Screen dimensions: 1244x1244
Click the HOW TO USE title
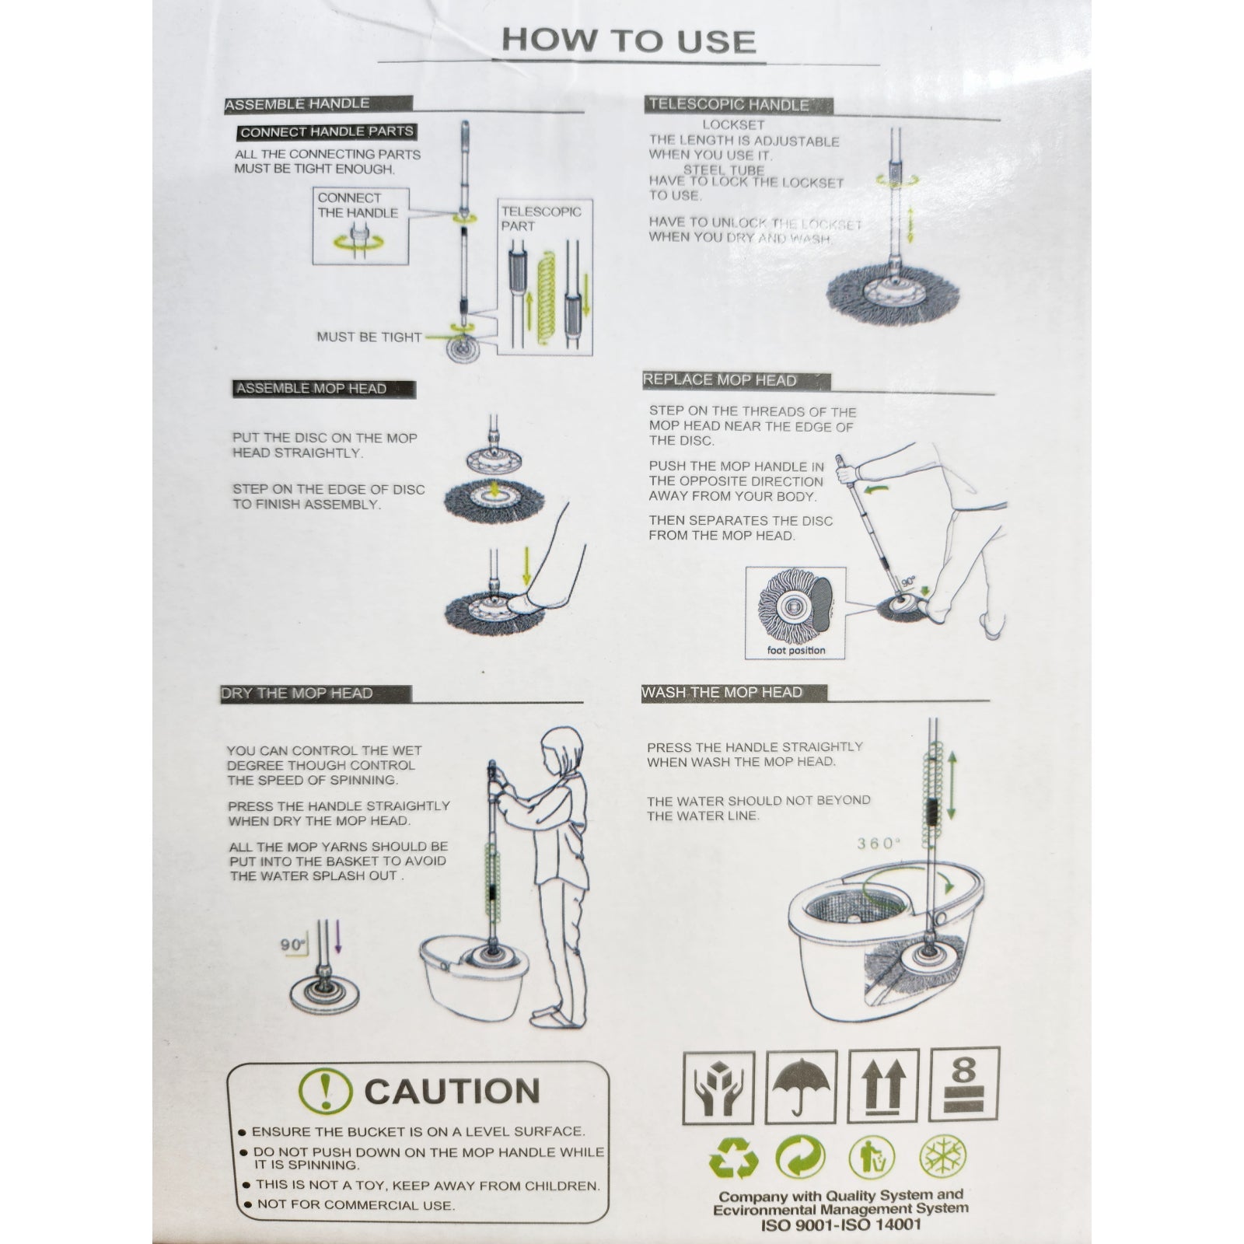(x=628, y=40)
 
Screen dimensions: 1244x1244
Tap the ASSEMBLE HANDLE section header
(x=297, y=103)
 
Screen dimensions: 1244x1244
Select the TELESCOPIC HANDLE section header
(x=729, y=104)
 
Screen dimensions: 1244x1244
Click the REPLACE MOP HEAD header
(x=719, y=380)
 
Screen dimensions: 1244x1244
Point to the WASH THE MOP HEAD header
(x=722, y=692)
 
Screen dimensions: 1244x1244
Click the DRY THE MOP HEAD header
(x=297, y=693)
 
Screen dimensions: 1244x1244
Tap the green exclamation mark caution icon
(x=325, y=1091)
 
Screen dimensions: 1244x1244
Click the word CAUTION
(x=452, y=1091)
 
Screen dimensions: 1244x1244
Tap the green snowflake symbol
(x=943, y=1158)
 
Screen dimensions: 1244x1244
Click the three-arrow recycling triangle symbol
(x=733, y=1158)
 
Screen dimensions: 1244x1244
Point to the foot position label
(x=795, y=650)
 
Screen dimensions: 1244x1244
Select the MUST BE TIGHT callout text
(x=369, y=337)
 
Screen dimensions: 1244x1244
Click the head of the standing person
(x=560, y=751)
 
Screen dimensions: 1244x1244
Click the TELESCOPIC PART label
(x=540, y=218)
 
